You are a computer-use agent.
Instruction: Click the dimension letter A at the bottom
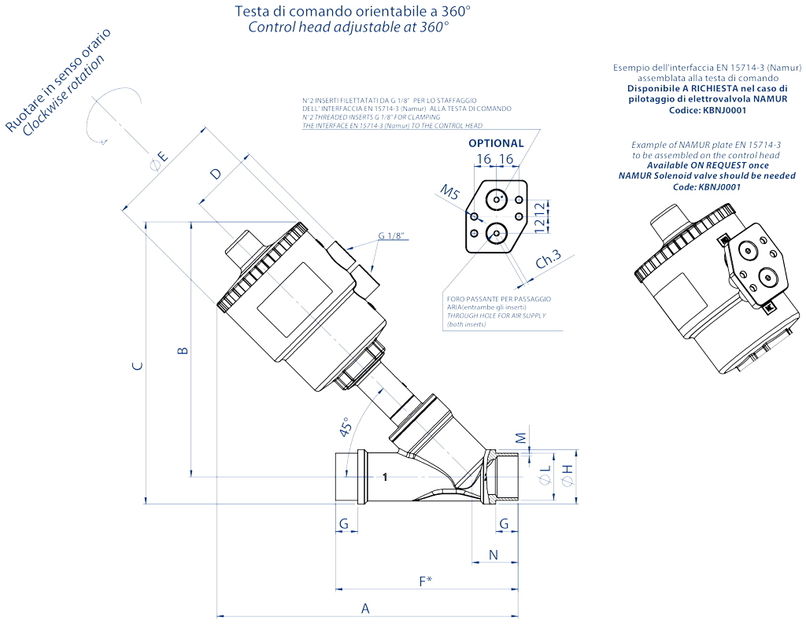[x=364, y=607]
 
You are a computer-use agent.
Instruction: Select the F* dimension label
[x=425, y=581]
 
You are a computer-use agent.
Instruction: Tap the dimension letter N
[x=494, y=555]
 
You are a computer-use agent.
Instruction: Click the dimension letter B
[x=182, y=350]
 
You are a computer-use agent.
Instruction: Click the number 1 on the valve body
[x=385, y=477]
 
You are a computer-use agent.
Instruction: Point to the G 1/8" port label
[x=394, y=236]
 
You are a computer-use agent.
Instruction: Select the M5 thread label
[x=449, y=192]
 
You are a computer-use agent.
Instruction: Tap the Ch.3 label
[x=548, y=259]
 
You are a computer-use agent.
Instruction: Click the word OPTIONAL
[x=496, y=143]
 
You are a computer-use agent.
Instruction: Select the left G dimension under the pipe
[x=343, y=523]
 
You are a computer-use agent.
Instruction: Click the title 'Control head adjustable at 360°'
[x=349, y=26]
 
